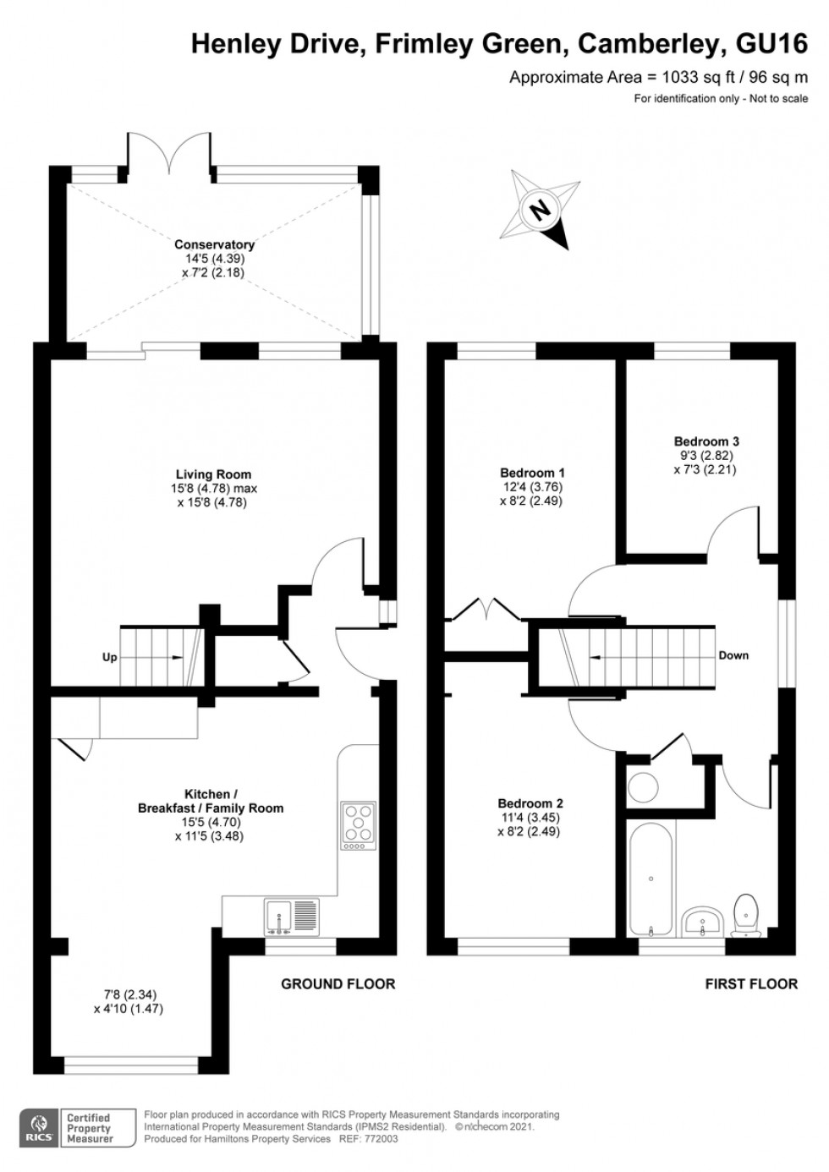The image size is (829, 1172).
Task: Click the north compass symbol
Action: pos(539,209)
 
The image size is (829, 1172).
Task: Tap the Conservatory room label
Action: pos(214,244)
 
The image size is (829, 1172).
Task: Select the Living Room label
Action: pos(213,474)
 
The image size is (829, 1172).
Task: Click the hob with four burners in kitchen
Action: pos(358,824)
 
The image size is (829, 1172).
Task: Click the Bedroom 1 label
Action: pos(532,473)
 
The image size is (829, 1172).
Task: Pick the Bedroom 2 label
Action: pos(530,803)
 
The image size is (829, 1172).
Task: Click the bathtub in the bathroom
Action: pos(651,879)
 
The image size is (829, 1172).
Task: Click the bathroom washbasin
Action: pos(702,921)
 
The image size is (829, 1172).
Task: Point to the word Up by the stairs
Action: pos(110,657)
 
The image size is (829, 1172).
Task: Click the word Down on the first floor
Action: pos(733,655)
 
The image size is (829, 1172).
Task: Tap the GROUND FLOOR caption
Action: pos(338,983)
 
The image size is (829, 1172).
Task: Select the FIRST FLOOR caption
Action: pos(751,983)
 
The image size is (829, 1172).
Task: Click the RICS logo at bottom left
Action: pos(38,1128)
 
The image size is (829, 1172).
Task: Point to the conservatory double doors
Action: pos(167,157)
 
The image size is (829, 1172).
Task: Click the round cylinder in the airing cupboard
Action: pos(644,787)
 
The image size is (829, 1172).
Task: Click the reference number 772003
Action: pos(381,1139)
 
